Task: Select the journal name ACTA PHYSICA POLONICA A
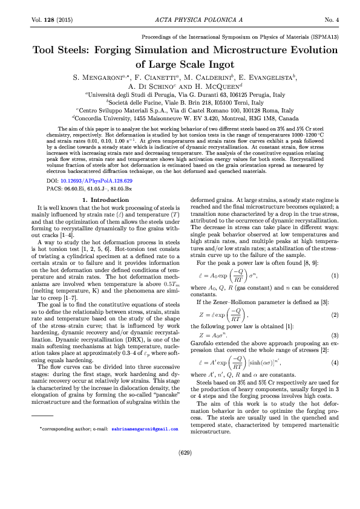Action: coord(180,20)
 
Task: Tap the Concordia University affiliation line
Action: coord(180,118)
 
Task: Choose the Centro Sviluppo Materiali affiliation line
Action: coord(180,111)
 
